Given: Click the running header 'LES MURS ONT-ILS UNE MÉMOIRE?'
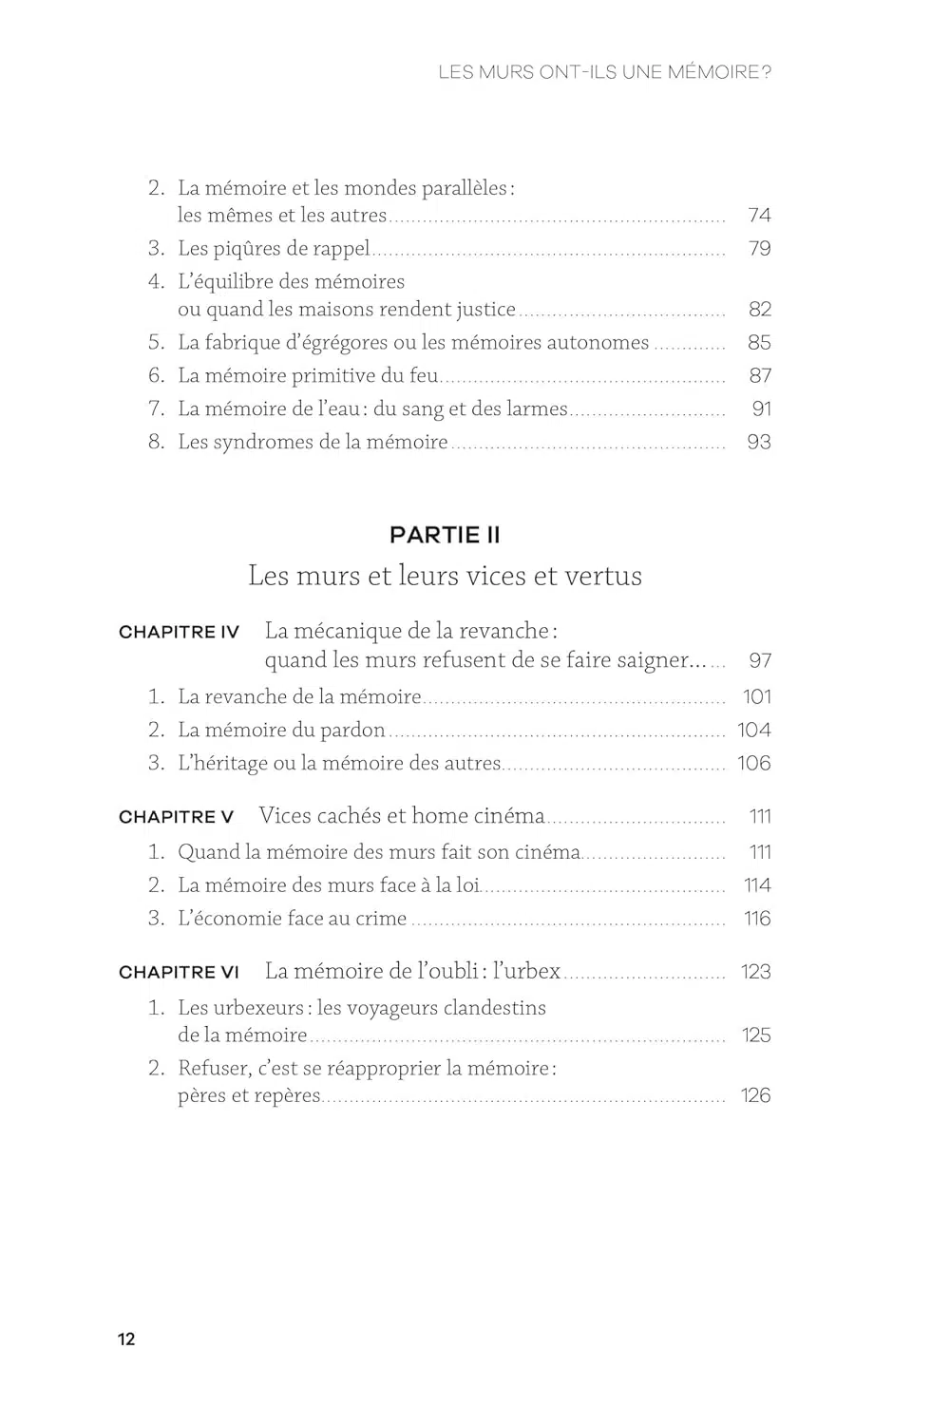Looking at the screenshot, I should (604, 72).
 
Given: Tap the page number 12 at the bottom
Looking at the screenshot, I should (126, 1339).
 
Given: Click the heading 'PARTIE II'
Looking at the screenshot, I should (445, 535).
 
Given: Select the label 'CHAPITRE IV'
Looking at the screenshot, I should (179, 633).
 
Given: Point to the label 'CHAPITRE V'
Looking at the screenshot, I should (176, 817).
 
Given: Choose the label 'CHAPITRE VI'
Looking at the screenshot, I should (179, 973).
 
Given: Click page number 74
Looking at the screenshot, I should (759, 216).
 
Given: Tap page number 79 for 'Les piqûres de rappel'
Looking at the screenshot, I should (759, 249).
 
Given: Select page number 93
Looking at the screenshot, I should (759, 443).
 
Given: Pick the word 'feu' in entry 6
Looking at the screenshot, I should (423, 376).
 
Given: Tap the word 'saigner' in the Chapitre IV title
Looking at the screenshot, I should (650, 661).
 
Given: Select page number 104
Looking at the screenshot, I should (754, 731).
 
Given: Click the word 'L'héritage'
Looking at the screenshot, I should (222, 764).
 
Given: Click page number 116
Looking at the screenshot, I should (757, 919).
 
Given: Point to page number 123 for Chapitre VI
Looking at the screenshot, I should (756, 972).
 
